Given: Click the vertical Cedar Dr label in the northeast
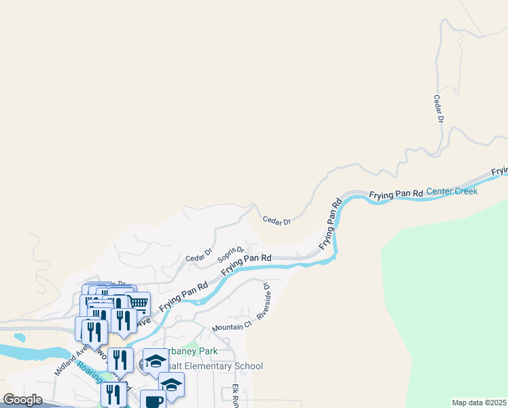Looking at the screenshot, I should [x=439, y=109].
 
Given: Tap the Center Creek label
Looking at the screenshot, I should [x=452, y=192].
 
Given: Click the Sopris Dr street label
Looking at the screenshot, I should [x=230, y=254].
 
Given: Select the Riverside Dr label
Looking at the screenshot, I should [x=264, y=301].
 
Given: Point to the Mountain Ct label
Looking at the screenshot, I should [x=232, y=326].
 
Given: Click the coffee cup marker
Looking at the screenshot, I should [x=153, y=401].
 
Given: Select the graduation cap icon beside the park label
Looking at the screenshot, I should [x=156, y=360].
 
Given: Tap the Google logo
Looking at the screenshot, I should [x=22, y=400].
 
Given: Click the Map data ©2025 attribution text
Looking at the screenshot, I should [x=479, y=403].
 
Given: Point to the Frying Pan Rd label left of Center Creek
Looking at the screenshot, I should [x=396, y=194].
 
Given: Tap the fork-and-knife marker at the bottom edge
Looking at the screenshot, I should [x=113, y=394].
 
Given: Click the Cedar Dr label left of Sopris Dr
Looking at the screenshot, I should [x=200, y=259].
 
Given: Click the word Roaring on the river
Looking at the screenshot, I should [x=88, y=371].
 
